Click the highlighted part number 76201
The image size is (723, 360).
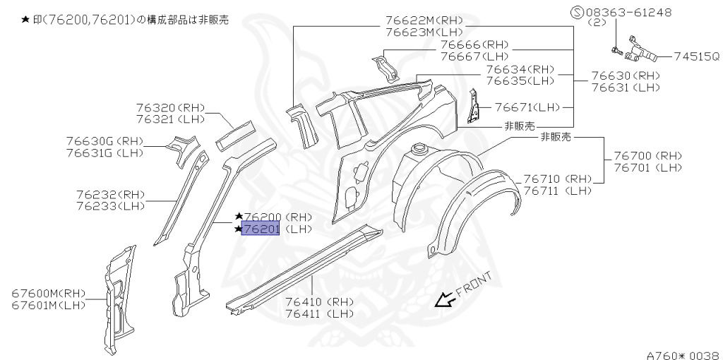(261, 229)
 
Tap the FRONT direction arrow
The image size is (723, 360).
(445, 301)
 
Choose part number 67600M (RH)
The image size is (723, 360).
(48, 293)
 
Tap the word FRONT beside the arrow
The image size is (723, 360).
(473, 283)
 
